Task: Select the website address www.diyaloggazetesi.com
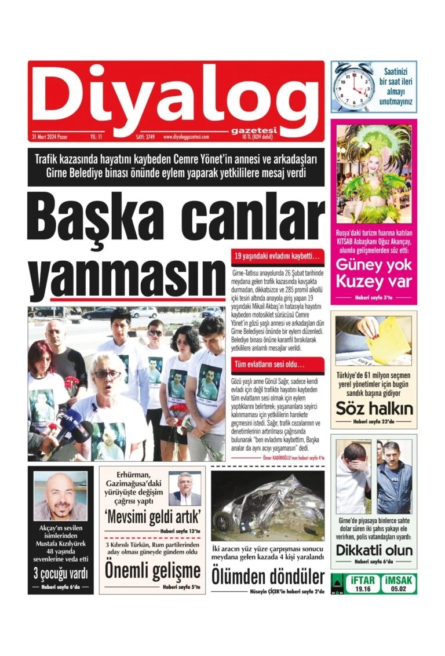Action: [x=194, y=137]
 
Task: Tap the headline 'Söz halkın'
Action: [x=374, y=408]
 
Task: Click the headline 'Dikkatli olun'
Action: [x=374, y=549]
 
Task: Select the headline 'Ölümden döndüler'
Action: [x=268, y=577]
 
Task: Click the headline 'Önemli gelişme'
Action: [x=153, y=571]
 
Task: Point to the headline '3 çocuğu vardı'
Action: [x=60, y=574]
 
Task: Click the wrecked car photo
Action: [x=268, y=505]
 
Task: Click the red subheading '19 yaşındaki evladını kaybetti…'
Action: [x=278, y=256]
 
